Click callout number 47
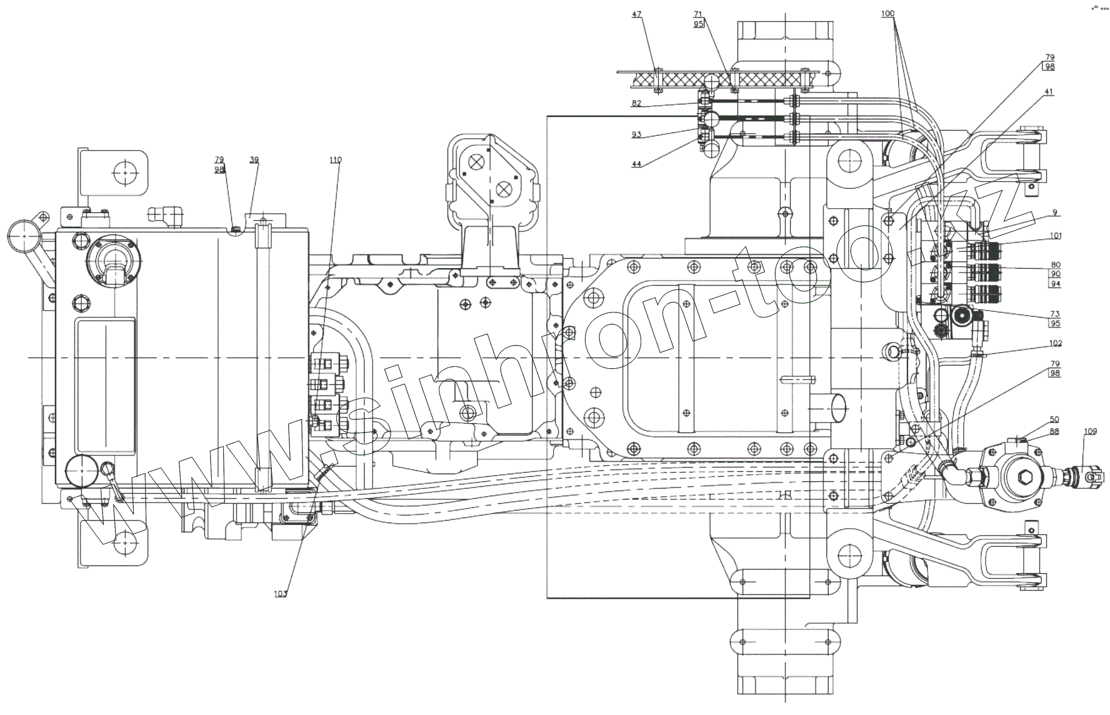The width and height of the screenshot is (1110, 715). tap(637, 14)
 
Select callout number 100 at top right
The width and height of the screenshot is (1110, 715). tap(887, 13)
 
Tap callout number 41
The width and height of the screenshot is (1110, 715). tap(1048, 92)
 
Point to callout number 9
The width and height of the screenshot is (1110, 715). tap(1054, 212)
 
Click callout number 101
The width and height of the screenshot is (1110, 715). tap(1056, 236)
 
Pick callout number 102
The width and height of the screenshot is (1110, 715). tap(1056, 343)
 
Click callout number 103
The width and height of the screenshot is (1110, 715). tap(281, 594)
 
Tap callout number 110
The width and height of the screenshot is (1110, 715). tap(336, 160)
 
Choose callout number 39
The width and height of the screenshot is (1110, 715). tap(254, 160)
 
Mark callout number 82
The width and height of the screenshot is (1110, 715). tap(636, 104)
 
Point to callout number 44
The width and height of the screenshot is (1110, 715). tap(636, 164)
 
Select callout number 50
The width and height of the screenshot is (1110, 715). tap(1054, 419)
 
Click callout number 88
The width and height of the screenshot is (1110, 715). tap(1054, 431)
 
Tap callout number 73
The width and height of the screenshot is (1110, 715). tap(1055, 313)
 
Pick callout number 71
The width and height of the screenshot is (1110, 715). tap(698, 14)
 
